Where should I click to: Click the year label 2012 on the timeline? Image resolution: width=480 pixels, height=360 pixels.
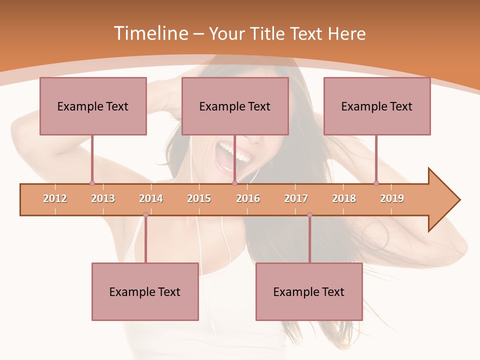[55, 198]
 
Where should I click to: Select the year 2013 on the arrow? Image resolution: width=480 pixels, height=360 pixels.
[103, 198]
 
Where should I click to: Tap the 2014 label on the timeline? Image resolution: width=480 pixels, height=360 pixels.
[151, 198]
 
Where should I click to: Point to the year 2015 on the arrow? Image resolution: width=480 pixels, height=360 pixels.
[199, 198]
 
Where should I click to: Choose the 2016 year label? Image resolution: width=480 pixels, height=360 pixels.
[248, 198]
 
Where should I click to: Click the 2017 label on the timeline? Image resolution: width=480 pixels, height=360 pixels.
[296, 198]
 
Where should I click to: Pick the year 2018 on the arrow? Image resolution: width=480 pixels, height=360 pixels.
[344, 198]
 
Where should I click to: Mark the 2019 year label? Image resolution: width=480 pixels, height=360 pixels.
[392, 198]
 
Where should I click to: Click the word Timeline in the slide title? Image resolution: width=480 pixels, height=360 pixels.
[150, 33]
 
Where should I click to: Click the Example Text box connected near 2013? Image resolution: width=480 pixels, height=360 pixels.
[93, 106]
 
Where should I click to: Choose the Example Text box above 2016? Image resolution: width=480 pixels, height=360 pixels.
[235, 106]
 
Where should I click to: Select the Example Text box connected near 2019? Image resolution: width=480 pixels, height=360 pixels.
[377, 106]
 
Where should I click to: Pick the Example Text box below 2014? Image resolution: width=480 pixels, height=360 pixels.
[145, 291]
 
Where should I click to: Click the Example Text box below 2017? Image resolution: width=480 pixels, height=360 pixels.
[309, 291]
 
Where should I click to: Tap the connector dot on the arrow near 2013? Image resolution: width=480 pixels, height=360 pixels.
[92, 183]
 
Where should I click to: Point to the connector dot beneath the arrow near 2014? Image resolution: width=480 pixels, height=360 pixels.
[145, 215]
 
